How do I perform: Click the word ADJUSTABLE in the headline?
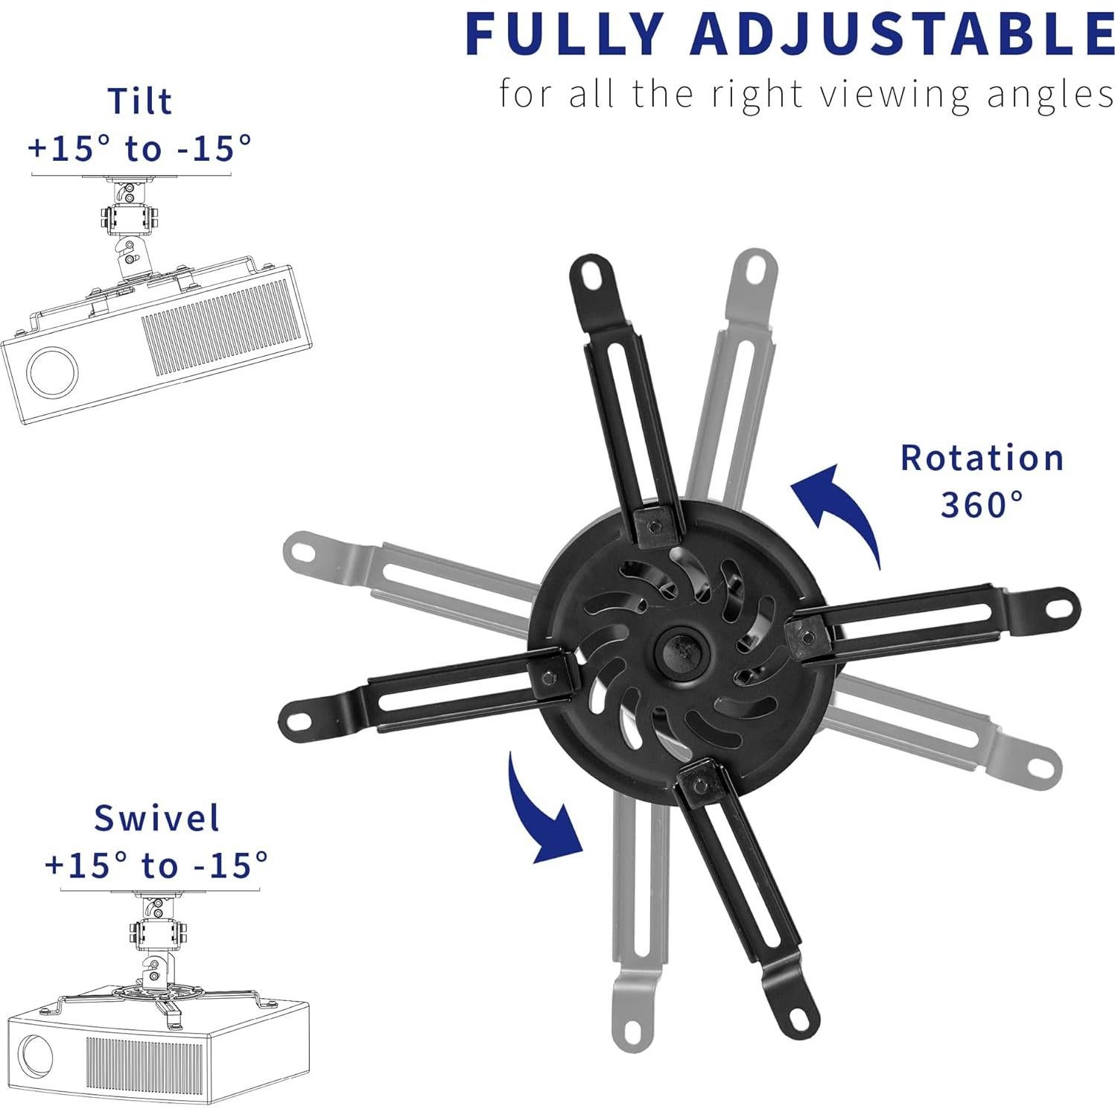pos(900,34)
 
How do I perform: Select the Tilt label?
pos(140,101)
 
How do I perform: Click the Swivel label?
pos(157,818)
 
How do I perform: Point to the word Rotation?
pos(982,458)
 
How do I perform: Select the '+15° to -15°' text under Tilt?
pos(140,148)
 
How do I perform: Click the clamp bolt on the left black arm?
pos(549,677)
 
